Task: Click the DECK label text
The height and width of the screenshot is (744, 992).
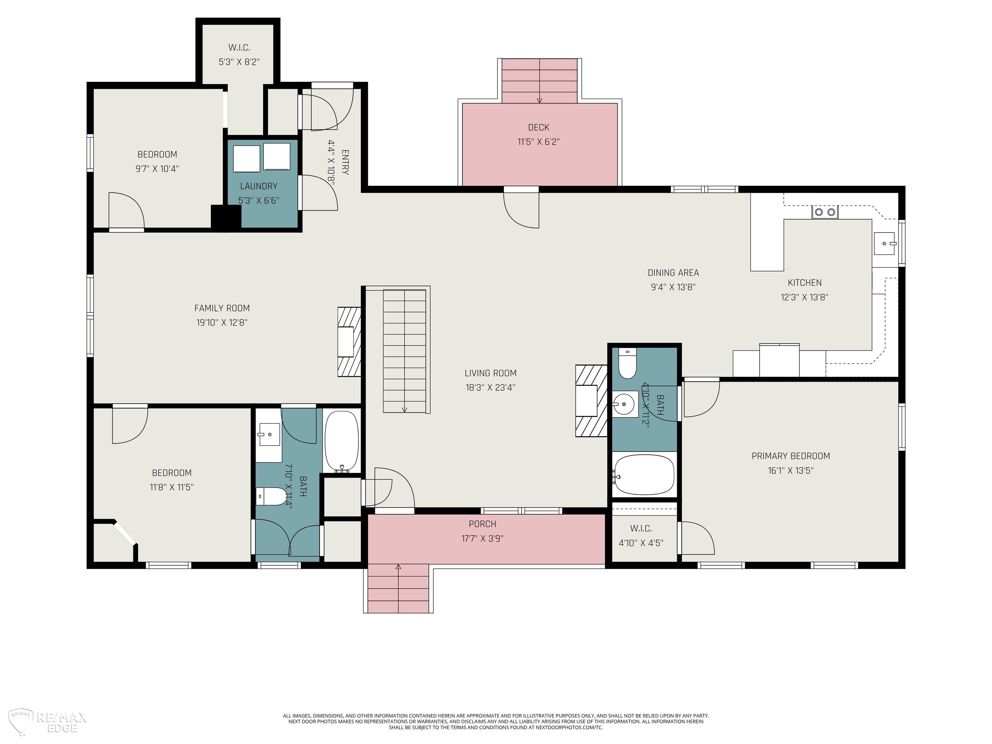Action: click(539, 127)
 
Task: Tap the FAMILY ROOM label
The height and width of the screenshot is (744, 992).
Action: click(222, 308)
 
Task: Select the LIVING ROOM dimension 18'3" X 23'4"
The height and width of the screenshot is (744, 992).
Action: click(490, 387)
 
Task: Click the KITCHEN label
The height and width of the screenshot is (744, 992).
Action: click(804, 283)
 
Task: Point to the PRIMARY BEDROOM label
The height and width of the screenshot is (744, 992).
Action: click(790, 456)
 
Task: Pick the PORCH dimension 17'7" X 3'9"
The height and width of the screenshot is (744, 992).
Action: click(482, 538)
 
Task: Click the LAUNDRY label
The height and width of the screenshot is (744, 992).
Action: click(259, 186)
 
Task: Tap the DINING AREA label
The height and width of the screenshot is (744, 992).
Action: click(673, 273)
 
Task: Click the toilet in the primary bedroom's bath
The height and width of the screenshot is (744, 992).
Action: click(627, 364)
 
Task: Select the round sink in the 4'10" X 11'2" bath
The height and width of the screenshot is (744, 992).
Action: click(625, 405)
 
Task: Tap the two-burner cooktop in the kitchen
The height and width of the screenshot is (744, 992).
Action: click(825, 212)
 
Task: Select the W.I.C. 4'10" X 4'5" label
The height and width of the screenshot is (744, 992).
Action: click(641, 535)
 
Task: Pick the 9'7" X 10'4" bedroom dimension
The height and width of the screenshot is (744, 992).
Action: click(157, 169)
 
